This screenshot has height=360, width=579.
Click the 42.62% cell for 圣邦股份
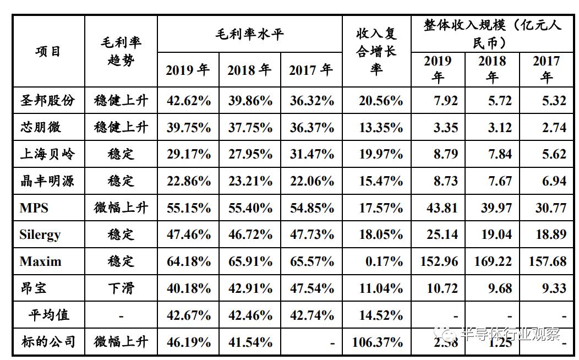tap(188, 101)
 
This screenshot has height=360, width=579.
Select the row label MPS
tap(34, 208)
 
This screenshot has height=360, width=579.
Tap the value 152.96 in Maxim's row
tap(439, 261)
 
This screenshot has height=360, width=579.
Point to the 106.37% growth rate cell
tap(377, 342)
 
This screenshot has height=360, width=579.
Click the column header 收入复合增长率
tap(376, 52)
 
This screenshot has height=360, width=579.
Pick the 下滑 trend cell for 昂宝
tap(121, 288)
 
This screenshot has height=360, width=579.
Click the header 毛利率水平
tap(249, 35)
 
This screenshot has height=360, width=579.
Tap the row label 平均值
tap(49, 315)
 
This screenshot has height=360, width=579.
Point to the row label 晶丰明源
tap(47, 181)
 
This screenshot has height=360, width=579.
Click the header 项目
tap(48, 52)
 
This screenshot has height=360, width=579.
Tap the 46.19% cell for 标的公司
tap(188, 342)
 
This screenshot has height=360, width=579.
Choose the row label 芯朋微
tap(41, 128)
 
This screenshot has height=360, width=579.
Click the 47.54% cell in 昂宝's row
tap(312, 288)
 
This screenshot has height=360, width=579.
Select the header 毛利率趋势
tap(121, 52)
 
